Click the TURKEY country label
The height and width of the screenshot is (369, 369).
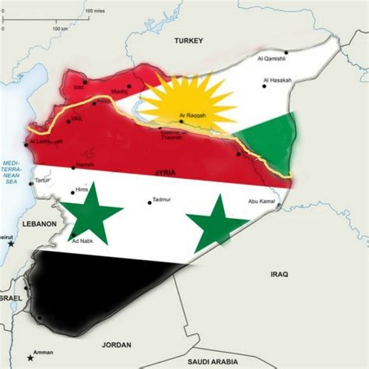(x=188, y=40)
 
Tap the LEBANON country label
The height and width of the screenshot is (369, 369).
(x=40, y=224)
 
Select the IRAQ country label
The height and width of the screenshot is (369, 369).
(x=279, y=275)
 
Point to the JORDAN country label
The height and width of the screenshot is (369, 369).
(x=117, y=343)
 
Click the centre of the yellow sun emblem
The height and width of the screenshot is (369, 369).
(x=188, y=101)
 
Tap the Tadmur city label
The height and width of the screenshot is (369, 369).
(x=160, y=199)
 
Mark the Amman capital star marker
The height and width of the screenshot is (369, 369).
(x=30, y=357)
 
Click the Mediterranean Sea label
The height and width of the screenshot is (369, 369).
(x=12, y=169)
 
